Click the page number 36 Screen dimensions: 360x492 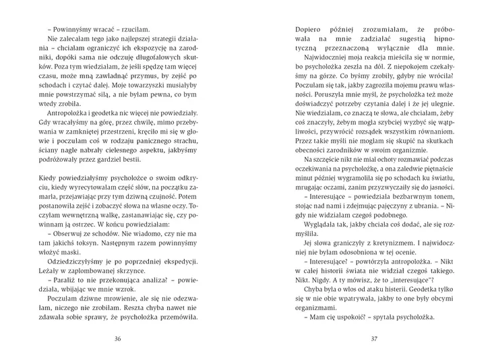point(118,338)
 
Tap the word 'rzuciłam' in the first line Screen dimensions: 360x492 point(135,30)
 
